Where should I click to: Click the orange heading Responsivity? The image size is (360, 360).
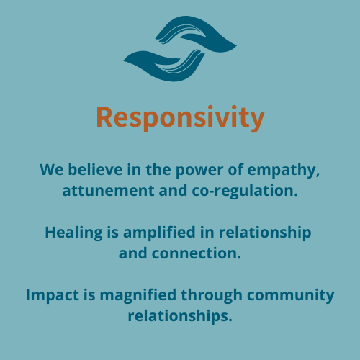(x=180, y=118)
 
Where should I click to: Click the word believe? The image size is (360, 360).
(x=95, y=170)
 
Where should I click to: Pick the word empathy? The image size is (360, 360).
(x=284, y=171)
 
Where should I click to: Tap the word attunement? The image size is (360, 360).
(x=108, y=191)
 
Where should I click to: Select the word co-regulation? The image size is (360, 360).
(x=245, y=192)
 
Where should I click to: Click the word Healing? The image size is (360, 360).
(x=73, y=233)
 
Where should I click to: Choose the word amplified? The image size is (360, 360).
(x=159, y=233)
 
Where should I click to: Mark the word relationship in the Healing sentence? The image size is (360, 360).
(x=265, y=233)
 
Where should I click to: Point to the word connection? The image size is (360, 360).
(x=197, y=253)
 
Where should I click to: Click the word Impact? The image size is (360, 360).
(x=53, y=296)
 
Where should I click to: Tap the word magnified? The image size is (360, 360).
(x=138, y=296)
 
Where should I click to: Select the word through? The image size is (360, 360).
(x=212, y=296)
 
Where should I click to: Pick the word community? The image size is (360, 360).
(x=290, y=296)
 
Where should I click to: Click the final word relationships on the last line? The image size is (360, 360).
(x=180, y=316)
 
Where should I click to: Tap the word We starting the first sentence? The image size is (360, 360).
(x=52, y=170)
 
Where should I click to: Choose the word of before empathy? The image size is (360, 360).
(x=235, y=169)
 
